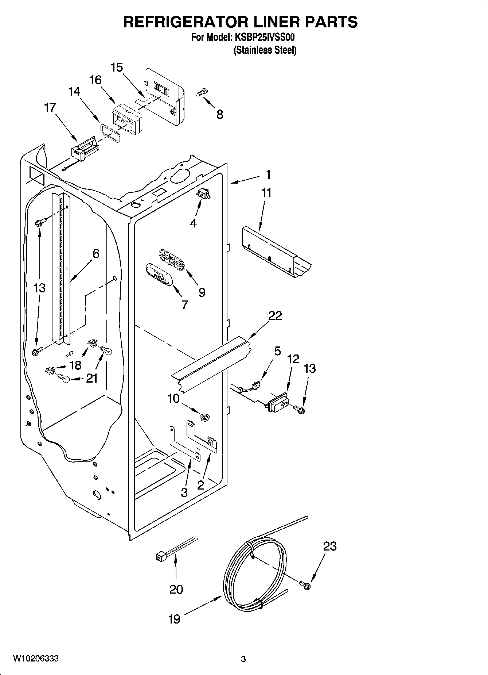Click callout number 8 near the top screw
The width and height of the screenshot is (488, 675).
[219, 114]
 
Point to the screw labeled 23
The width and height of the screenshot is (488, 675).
[305, 585]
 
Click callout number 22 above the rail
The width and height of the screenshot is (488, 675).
[275, 316]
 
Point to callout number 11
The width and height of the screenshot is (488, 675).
[267, 192]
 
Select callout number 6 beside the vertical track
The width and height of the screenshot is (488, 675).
[96, 253]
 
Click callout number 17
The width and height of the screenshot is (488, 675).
[50, 107]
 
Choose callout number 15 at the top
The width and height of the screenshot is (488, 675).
[117, 68]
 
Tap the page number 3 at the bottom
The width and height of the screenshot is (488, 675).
[243, 659]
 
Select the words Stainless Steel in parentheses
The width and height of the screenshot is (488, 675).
[265, 50]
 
